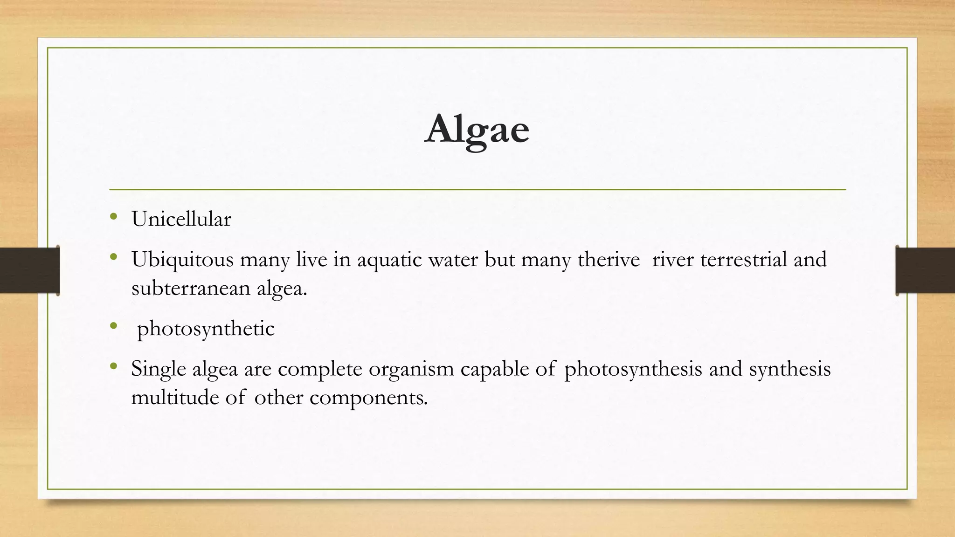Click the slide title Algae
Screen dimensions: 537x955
click(477, 130)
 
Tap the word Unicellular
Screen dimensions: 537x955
click(181, 219)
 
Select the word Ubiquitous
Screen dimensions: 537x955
click(182, 260)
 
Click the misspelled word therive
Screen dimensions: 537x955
click(609, 259)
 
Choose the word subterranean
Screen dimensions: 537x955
click(191, 288)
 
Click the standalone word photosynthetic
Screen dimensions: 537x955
click(206, 329)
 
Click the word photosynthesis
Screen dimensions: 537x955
click(633, 369)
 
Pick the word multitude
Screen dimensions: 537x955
click(174, 398)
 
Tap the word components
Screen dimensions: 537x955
click(368, 398)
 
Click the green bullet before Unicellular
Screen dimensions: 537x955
click(113, 217)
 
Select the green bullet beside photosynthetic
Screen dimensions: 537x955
click(113, 326)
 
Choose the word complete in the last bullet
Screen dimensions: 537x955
click(320, 369)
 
